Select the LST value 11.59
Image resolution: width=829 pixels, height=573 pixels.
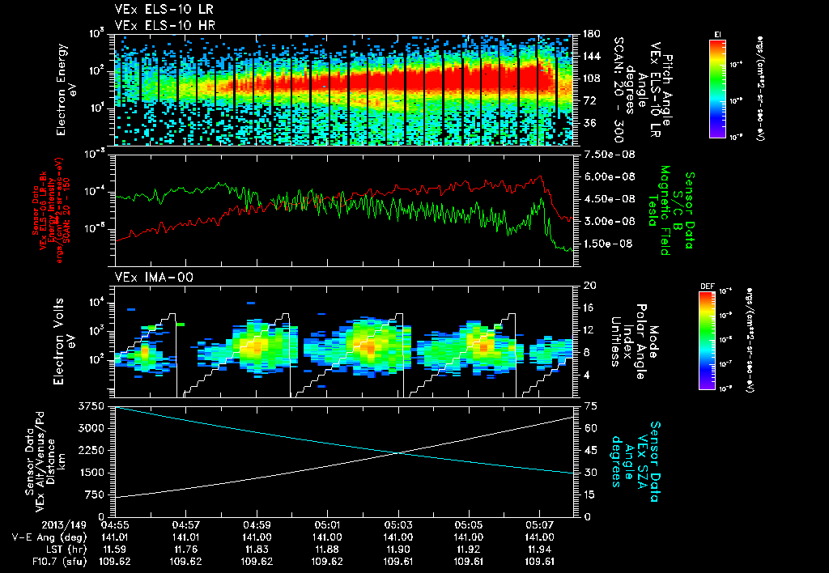(117, 548)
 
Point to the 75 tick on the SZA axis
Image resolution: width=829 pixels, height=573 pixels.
(591, 405)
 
